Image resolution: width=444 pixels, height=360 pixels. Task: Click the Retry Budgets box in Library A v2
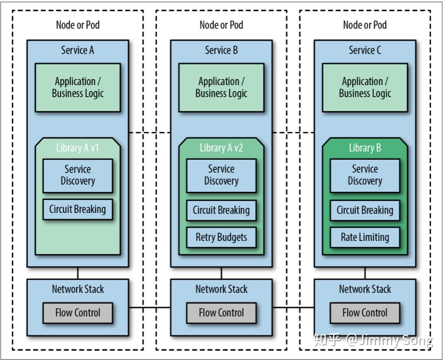click(x=221, y=237)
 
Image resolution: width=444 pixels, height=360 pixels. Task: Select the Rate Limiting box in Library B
click(x=365, y=237)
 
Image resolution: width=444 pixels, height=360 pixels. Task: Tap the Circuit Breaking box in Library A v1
click(x=78, y=209)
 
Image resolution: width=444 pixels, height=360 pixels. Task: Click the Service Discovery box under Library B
click(x=365, y=176)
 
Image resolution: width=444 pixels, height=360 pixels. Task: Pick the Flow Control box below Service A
click(x=78, y=313)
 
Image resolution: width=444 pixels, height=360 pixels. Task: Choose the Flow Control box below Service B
click(x=221, y=313)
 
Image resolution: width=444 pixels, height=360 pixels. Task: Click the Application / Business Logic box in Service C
click(x=365, y=87)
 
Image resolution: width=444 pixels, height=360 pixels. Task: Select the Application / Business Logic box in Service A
click(x=78, y=87)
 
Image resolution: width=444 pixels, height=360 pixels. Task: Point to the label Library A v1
click(x=77, y=148)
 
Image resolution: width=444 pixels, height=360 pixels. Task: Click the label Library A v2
click(x=221, y=148)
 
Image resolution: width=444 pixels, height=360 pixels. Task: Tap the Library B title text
click(x=365, y=148)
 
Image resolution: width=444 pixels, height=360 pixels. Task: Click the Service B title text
click(x=221, y=51)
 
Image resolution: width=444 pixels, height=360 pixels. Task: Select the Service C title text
click(x=365, y=51)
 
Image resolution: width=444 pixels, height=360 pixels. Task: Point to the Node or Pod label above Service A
click(x=78, y=25)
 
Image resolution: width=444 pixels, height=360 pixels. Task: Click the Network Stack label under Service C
click(x=365, y=289)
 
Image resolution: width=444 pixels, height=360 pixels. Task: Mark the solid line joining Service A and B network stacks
click(x=150, y=307)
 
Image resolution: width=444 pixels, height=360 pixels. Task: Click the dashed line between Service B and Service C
click(x=293, y=132)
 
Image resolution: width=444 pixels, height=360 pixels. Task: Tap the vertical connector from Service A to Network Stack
click(x=78, y=273)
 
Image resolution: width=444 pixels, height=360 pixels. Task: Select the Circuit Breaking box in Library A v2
click(x=221, y=210)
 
